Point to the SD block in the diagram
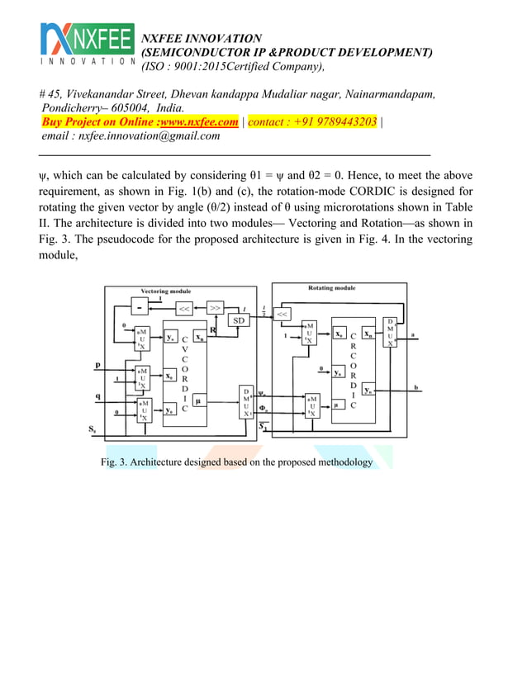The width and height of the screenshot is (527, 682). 237,320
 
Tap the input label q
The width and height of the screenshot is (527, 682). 99,395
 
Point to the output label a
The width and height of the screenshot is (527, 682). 414,334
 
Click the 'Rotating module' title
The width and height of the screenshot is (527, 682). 332,288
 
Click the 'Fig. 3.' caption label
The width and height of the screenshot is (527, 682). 113,462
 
